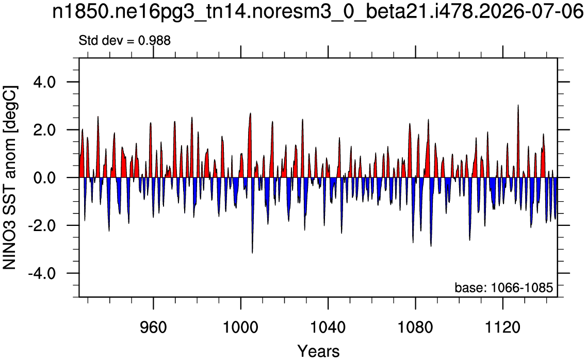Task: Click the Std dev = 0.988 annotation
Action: [x=124, y=40]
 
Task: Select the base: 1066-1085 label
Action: [x=503, y=288]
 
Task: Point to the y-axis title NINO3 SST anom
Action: [x=10, y=177]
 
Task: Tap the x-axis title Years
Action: [x=318, y=351]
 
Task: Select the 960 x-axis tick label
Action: [x=153, y=328]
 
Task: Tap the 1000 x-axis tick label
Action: [x=241, y=328]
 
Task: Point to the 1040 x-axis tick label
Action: [x=328, y=328]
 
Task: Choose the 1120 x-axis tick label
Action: [x=503, y=328]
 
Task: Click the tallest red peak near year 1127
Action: [x=518, y=106]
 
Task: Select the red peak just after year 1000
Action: [x=250, y=113]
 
